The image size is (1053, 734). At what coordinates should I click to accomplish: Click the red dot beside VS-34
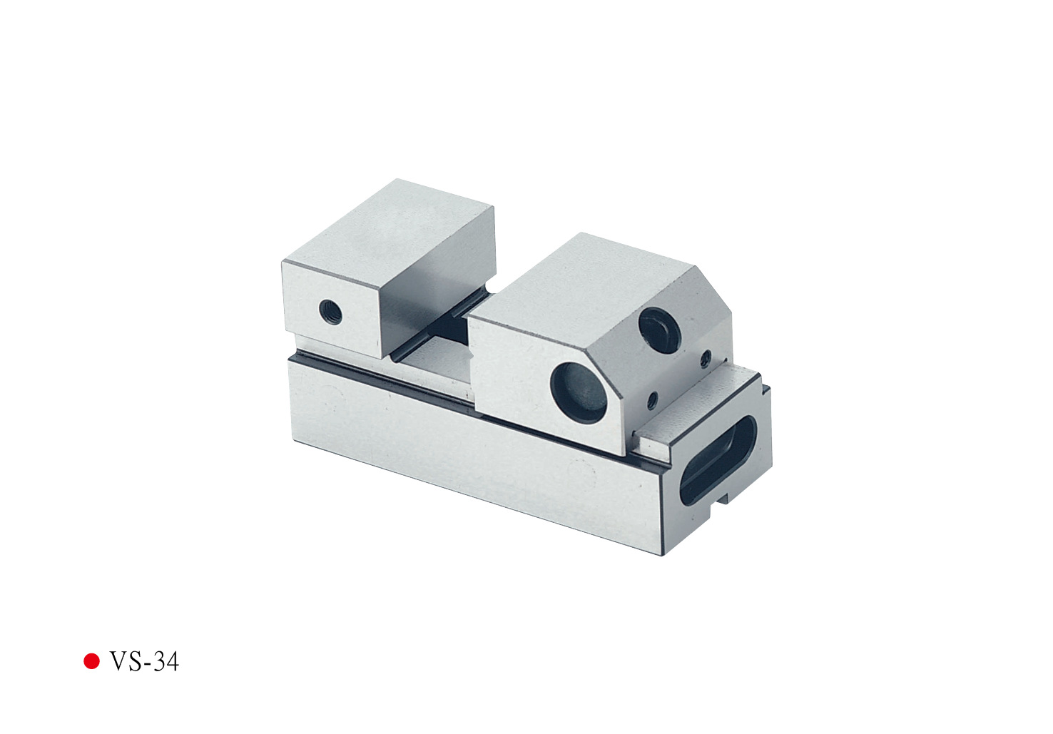[91, 661]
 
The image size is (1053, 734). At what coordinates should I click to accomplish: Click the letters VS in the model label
[126, 662]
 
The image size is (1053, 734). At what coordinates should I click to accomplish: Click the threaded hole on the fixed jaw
[330, 312]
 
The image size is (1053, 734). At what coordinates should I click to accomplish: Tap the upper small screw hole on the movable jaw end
[705, 360]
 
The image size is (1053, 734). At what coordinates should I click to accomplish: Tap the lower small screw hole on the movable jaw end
[652, 400]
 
